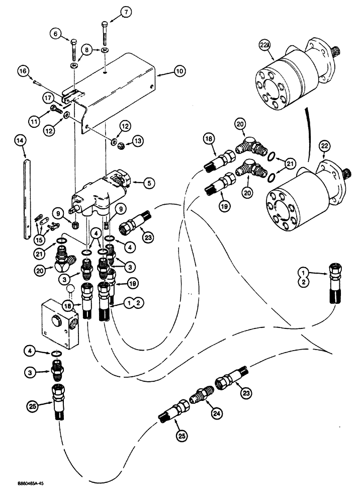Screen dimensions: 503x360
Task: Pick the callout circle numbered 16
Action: pos(22,72)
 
